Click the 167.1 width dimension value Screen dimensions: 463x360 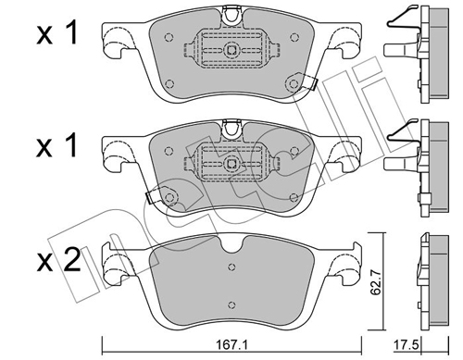(x=231, y=345)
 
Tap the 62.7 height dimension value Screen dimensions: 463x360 (x=375, y=281)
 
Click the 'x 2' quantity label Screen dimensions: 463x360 (x=58, y=262)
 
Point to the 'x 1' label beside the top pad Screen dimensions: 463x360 (x=56, y=34)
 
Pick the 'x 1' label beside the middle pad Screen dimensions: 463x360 (x=56, y=147)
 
